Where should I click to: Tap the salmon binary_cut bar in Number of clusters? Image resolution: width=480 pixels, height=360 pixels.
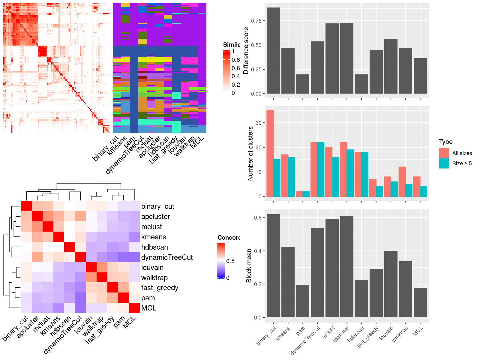coord(270,153)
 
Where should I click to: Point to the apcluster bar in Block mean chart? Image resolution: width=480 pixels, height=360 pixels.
coord(346,267)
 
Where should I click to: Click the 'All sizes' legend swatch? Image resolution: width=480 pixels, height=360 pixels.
coord(444,153)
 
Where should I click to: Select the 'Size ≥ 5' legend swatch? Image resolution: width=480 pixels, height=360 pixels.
coord(444,163)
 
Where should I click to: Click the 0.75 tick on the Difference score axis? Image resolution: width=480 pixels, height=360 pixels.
coord(256,21)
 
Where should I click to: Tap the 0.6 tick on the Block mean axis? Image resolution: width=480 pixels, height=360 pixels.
coord(258,217)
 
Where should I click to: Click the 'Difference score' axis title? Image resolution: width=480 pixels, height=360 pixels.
coord(246,50)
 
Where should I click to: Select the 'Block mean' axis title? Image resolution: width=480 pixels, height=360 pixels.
coord(249,265)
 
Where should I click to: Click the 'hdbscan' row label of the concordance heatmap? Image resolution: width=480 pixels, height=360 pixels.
coord(154,247)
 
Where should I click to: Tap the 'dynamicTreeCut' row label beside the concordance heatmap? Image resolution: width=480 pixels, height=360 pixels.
coord(167,257)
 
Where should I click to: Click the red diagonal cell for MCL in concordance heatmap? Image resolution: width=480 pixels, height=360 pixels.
coord(134,308)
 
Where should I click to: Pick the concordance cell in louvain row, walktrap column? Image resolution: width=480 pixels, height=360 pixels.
coord(102,267)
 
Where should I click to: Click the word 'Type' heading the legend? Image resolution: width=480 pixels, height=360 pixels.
coord(445,142)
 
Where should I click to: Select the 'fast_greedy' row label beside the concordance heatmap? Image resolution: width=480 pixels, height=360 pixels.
coord(160,288)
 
